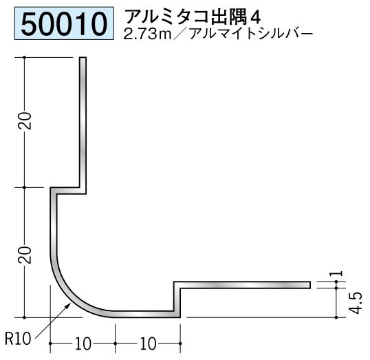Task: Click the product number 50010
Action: coord(64,24)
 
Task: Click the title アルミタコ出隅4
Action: coord(193,17)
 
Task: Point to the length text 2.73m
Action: coord(147,34)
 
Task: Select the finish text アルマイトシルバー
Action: coord(251,34)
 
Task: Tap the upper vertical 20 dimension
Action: coord(25,120)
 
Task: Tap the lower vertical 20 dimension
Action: coord(25,255)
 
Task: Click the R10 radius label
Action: coord(18,339)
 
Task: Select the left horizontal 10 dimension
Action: coord(83,344)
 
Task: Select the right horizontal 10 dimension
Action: coord(148,344)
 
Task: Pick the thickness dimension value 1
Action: coord(339,273)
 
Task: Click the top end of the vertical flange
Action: coord(83,57)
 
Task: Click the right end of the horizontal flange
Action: coord(309,285)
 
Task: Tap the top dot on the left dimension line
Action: coord(24,57)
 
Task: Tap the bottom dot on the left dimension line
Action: coord(24,318)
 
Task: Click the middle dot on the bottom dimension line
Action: coord(115,343)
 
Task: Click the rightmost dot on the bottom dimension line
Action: coord(180,343)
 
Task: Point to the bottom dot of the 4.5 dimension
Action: coord(336,317)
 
